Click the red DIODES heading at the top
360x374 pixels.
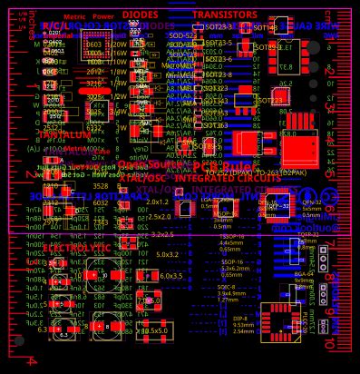[140, 15]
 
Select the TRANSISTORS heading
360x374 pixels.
[225, 15]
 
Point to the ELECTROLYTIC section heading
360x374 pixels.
[76, 247]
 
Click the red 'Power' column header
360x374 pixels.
[103, 16]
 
